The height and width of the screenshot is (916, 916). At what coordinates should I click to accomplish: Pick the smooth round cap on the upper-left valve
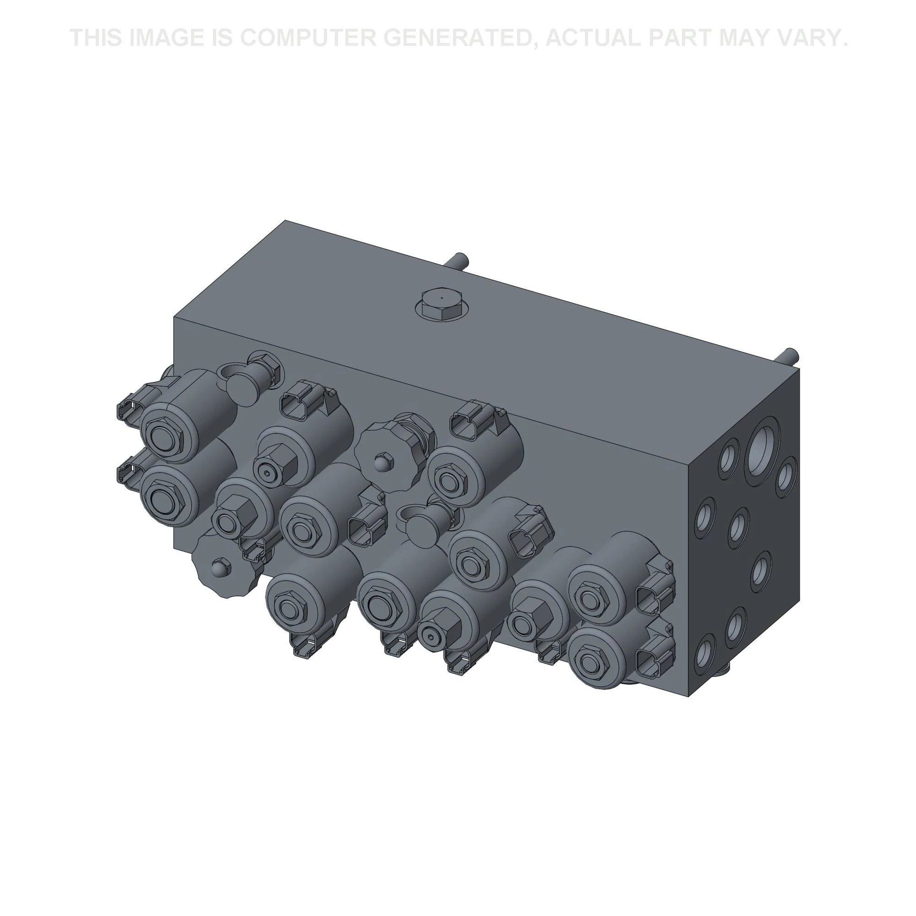tap(245, 388)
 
